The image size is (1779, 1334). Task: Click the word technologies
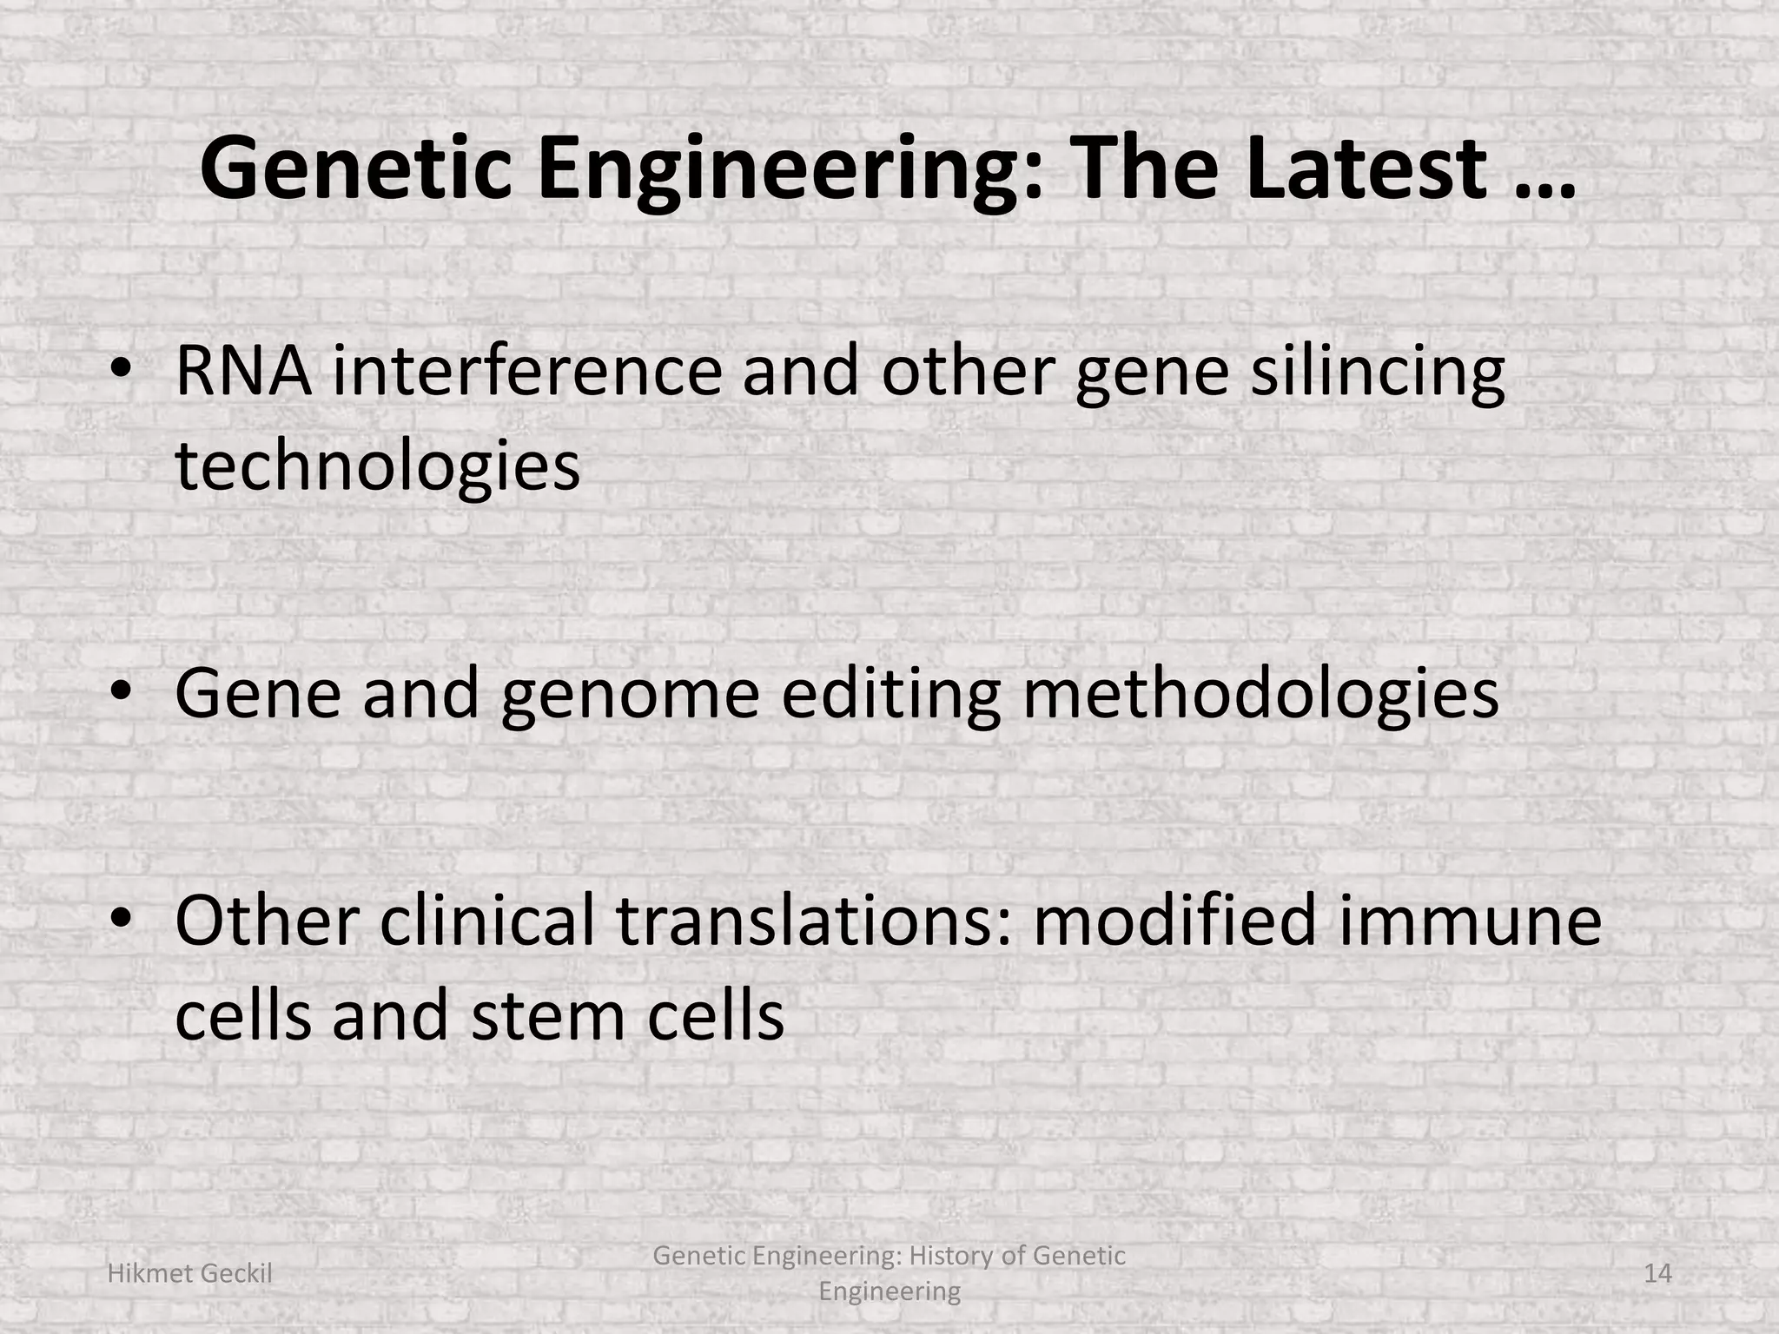(377, 467)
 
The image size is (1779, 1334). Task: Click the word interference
(526, 372)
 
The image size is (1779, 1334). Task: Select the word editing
(890, 695)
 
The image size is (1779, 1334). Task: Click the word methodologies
(1260, 695)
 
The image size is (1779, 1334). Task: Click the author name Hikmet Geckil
(189, 1273)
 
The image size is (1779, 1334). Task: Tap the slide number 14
(1657, 1273)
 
